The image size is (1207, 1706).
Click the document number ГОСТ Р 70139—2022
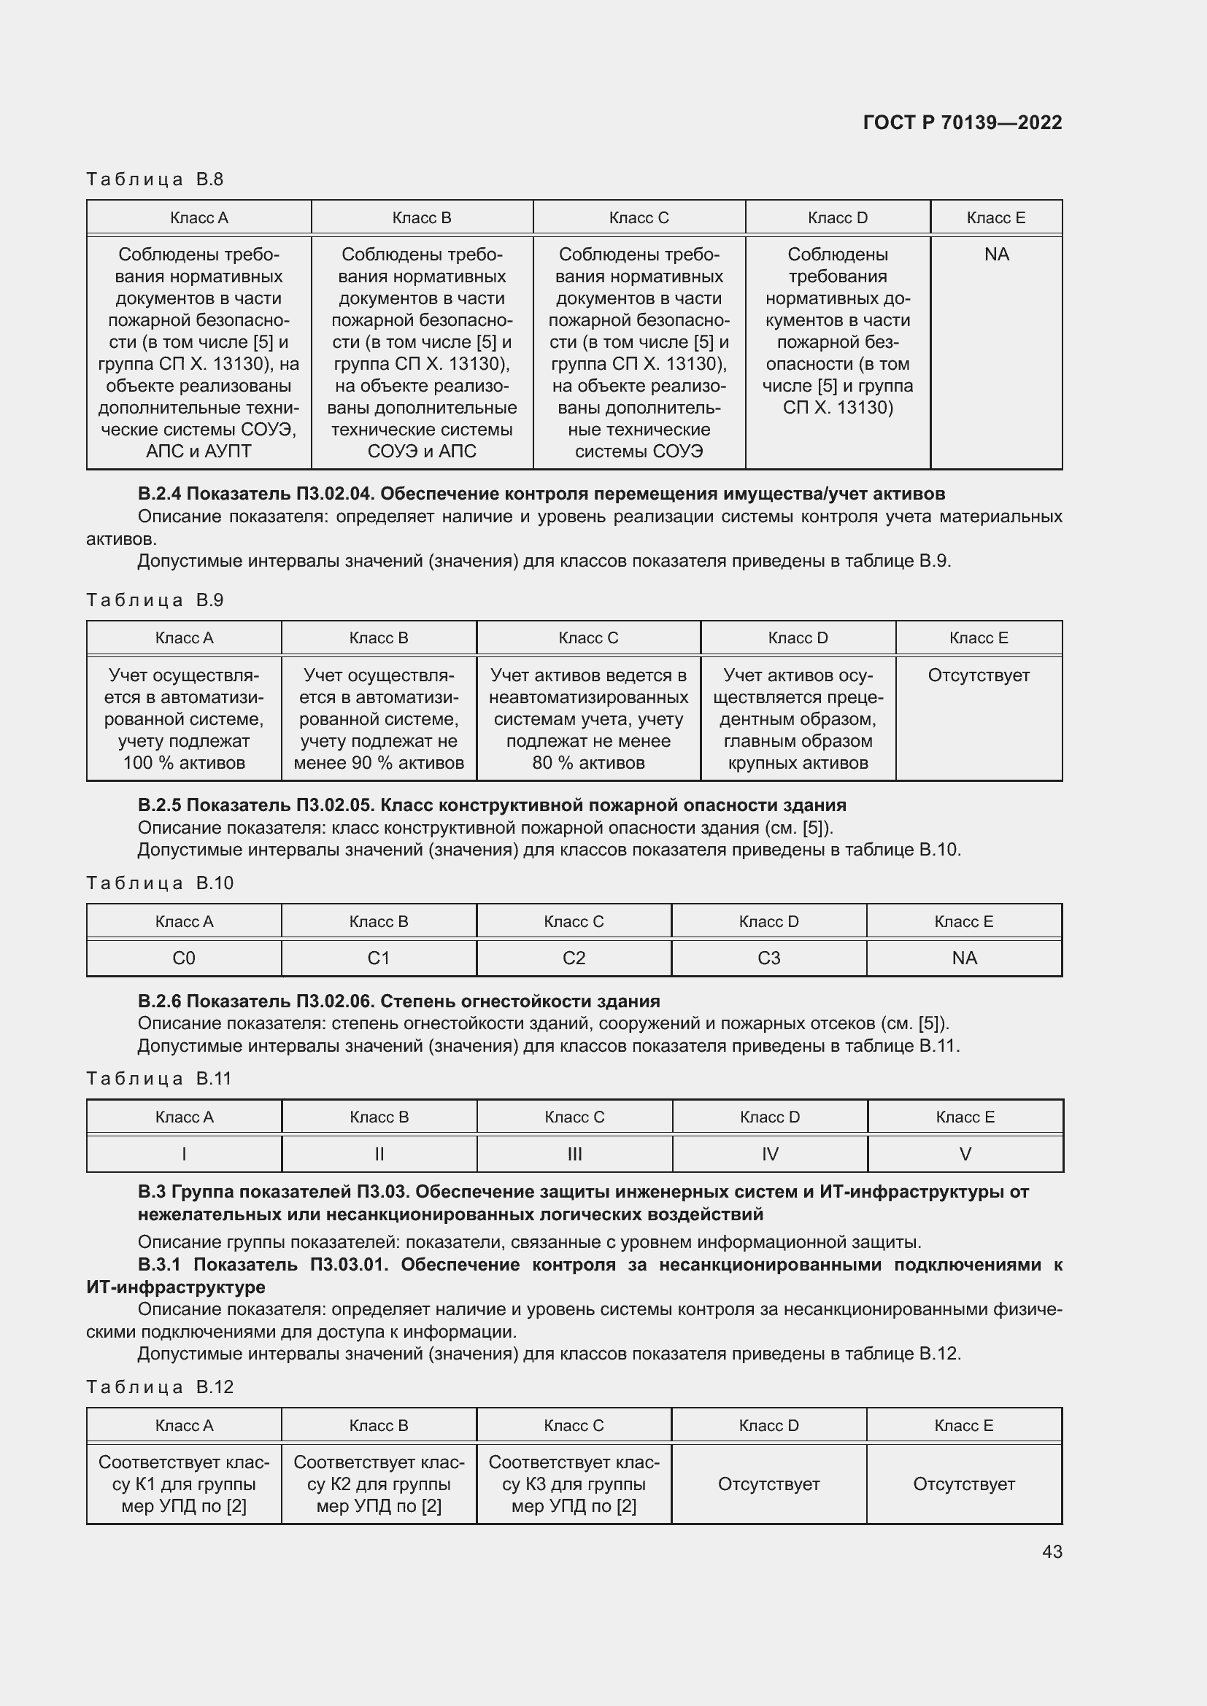(962, 123)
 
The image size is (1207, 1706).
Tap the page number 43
(1052, 1551)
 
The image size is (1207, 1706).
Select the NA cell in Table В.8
(996, 255)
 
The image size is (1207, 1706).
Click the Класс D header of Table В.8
(837, 217)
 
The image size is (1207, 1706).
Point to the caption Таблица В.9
(155, 600)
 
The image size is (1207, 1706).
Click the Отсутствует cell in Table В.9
(978, 675)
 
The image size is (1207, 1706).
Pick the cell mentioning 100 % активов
(184, 718)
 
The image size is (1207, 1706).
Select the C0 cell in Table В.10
(184, 958)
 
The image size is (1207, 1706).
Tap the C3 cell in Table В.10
(768, 958)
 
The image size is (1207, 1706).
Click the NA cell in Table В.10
(964, 958)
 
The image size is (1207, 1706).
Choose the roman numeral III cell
(574, 1154)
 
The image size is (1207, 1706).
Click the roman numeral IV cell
(770, 1154)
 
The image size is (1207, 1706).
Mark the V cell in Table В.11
(965, 1154)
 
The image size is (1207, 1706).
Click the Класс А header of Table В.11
(184, 1117)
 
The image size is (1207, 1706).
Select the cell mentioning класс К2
(379, 1484)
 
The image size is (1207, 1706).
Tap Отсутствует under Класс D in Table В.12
(768, 1484)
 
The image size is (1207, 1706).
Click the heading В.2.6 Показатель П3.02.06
(398, 1001)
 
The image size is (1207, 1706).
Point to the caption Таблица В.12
(160, 1387)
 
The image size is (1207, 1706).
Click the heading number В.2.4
(159, 493)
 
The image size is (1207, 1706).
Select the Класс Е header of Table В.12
(963, 1425)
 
